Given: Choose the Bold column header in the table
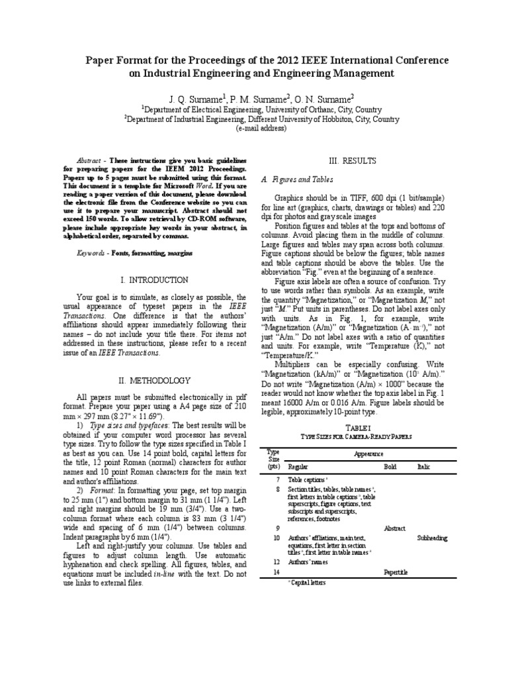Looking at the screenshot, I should click(390, 467).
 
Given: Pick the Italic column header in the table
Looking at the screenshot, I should click(423, 467).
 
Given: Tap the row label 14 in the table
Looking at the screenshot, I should click(277, 571).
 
